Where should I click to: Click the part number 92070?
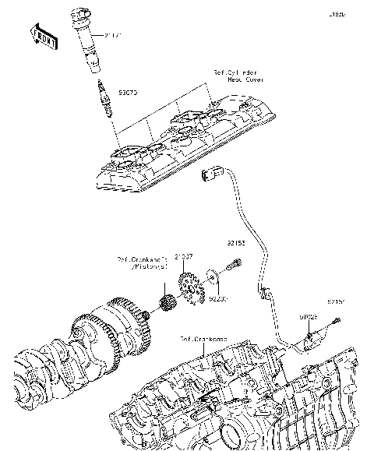point(128,92)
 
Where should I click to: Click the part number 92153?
point(237,244)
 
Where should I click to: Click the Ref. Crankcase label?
point(204,340)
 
